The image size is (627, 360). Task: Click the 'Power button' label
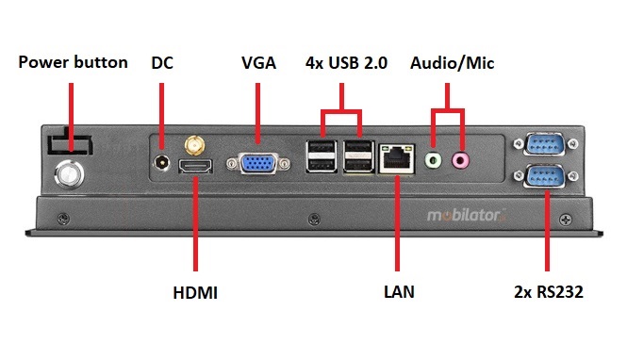[74, 63]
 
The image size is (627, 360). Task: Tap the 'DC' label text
[162, 63]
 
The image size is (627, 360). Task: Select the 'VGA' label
[258, 63]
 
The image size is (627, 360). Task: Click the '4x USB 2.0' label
[347, 63]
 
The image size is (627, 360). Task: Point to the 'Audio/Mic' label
[453, 63]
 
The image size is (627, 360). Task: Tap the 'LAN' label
[399, 293]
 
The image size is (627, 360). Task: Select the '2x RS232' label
[550, 293]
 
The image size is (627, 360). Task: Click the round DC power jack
[162, 163]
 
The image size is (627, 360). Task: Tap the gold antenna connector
[194, 146]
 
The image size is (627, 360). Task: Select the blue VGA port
[258, 162]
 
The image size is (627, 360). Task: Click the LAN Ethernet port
[396, 158]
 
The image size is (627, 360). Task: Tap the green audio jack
[433, 160]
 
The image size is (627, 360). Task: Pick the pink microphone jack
[460, 160]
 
